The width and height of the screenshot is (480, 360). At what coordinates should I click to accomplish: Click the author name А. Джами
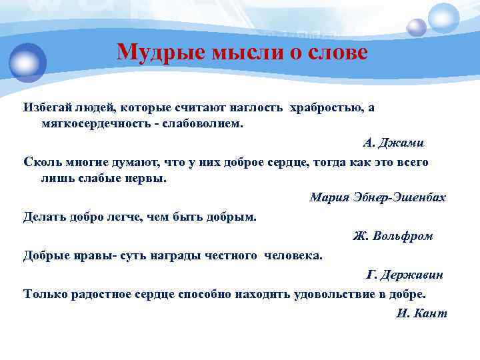coord(393,143)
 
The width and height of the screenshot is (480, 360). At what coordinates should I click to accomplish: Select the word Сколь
coord(41,162)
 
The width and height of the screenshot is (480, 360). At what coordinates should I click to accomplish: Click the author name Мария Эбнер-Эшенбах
coord(377,198)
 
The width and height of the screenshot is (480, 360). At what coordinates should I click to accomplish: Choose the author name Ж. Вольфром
coord(393,236)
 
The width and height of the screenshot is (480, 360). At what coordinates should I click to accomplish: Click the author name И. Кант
coord(421,313)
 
